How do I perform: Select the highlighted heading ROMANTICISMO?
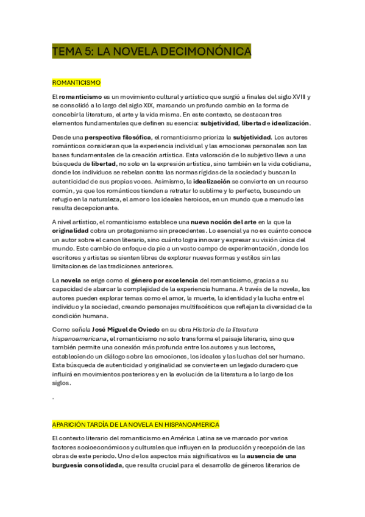pyautogui.click(x=76, y=82)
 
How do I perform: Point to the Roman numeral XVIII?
pyautogui.click(x=297, y=96)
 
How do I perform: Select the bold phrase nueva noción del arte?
pyautogui.click(x=224, y=223)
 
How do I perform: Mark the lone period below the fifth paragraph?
pyautogui.click(x=54, y=398)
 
